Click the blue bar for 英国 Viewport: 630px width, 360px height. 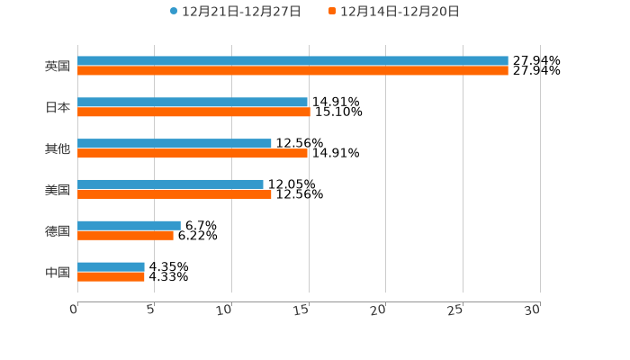click(x=292, y=61)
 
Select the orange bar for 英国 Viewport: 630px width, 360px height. click(x=292, y=71)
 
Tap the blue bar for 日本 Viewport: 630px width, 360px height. click(x=193, y=103)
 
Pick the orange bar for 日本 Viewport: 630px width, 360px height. click(x=193, y=112)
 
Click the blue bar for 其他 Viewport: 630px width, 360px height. click(x=175, y=143)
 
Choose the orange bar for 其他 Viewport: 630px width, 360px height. click(x=193, y=153)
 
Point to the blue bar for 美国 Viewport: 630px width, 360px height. click(x=170, y=184)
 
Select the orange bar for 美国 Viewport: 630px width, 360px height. click(x=175, y=194)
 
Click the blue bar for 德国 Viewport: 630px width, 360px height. click(x=129, y=225)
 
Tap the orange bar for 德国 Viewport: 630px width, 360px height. click(x=125, y=235)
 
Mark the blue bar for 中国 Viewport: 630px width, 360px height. click(x=111, y=266)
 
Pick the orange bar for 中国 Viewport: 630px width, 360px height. click(x=111, y=276)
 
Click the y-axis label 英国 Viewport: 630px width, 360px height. click(x=58, y=67)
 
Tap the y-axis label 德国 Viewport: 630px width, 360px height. click(x=58, y=231)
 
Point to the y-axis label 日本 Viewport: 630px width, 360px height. click(x=58, y=108)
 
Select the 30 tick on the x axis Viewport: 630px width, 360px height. click(x=533, y=310)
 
